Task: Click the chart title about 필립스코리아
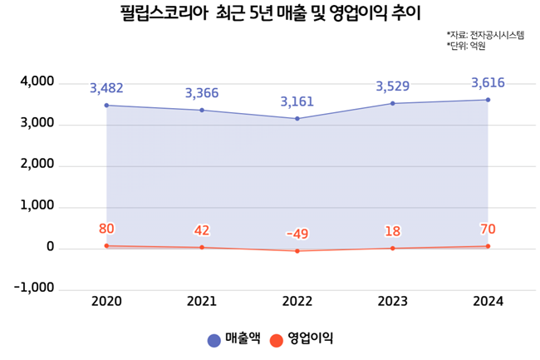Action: tap(259, 14)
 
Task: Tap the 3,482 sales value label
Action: tap(106, 87)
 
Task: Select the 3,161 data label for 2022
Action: tap(297, 102)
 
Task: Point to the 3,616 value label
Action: tap(488, 82)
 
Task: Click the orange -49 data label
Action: tap(297, 234)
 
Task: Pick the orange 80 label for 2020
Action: tap(106, 229)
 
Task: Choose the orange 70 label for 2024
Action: tap(488, 229)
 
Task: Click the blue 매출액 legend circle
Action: tap(214, 339)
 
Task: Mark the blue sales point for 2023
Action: tap(392, 103)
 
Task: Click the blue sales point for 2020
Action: tap(106, 106)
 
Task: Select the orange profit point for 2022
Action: tap(297, 250)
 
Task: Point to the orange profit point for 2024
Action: tap(488, 246)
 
